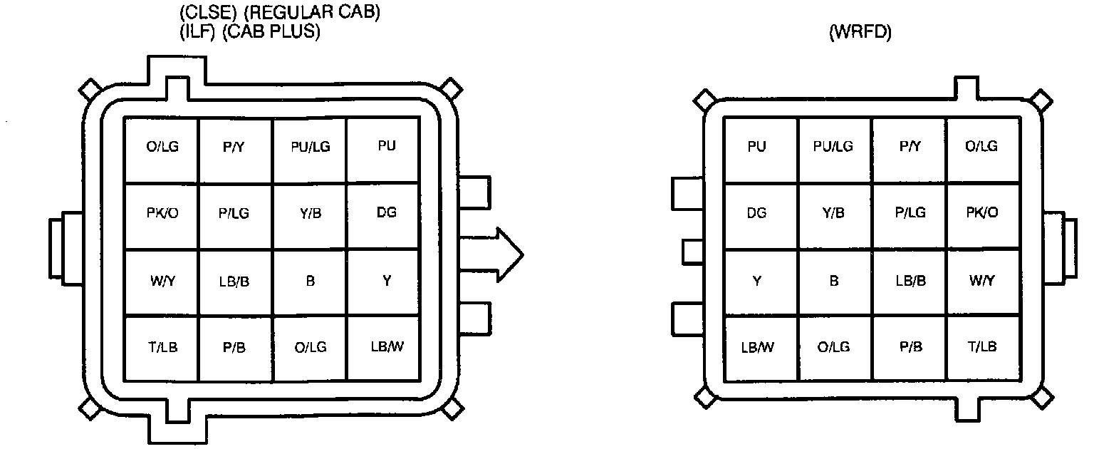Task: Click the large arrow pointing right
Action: click(491, 254)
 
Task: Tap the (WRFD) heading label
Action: click(860, 32)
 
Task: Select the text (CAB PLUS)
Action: click(271, 32)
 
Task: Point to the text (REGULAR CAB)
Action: click(311, 12)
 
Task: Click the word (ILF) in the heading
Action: click(197, 32)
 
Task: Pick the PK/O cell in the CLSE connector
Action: click(162, 216)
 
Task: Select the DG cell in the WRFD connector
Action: click(761, 216)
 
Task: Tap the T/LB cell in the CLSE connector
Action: click(162, 349)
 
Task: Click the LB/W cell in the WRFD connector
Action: click(761, 349)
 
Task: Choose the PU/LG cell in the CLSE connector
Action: click(310, 150)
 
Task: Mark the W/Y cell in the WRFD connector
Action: click(983, 282)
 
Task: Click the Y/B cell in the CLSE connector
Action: click(310, 216)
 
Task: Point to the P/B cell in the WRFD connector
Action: click(909, 349)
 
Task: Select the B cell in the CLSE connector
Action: click(310, 282)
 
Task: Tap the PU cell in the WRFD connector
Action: click(761, 150)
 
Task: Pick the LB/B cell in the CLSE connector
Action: click(235, 282)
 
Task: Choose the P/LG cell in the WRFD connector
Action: click(909, 216)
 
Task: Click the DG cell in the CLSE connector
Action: click(383, 216)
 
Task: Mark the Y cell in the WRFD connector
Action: click(761, 282)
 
